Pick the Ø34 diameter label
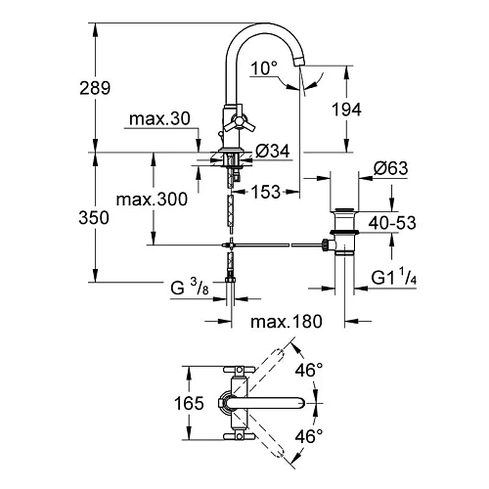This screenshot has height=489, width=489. point(271,151)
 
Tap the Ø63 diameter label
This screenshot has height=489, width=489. point(390,169)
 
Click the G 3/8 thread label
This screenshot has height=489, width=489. point(187,289)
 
